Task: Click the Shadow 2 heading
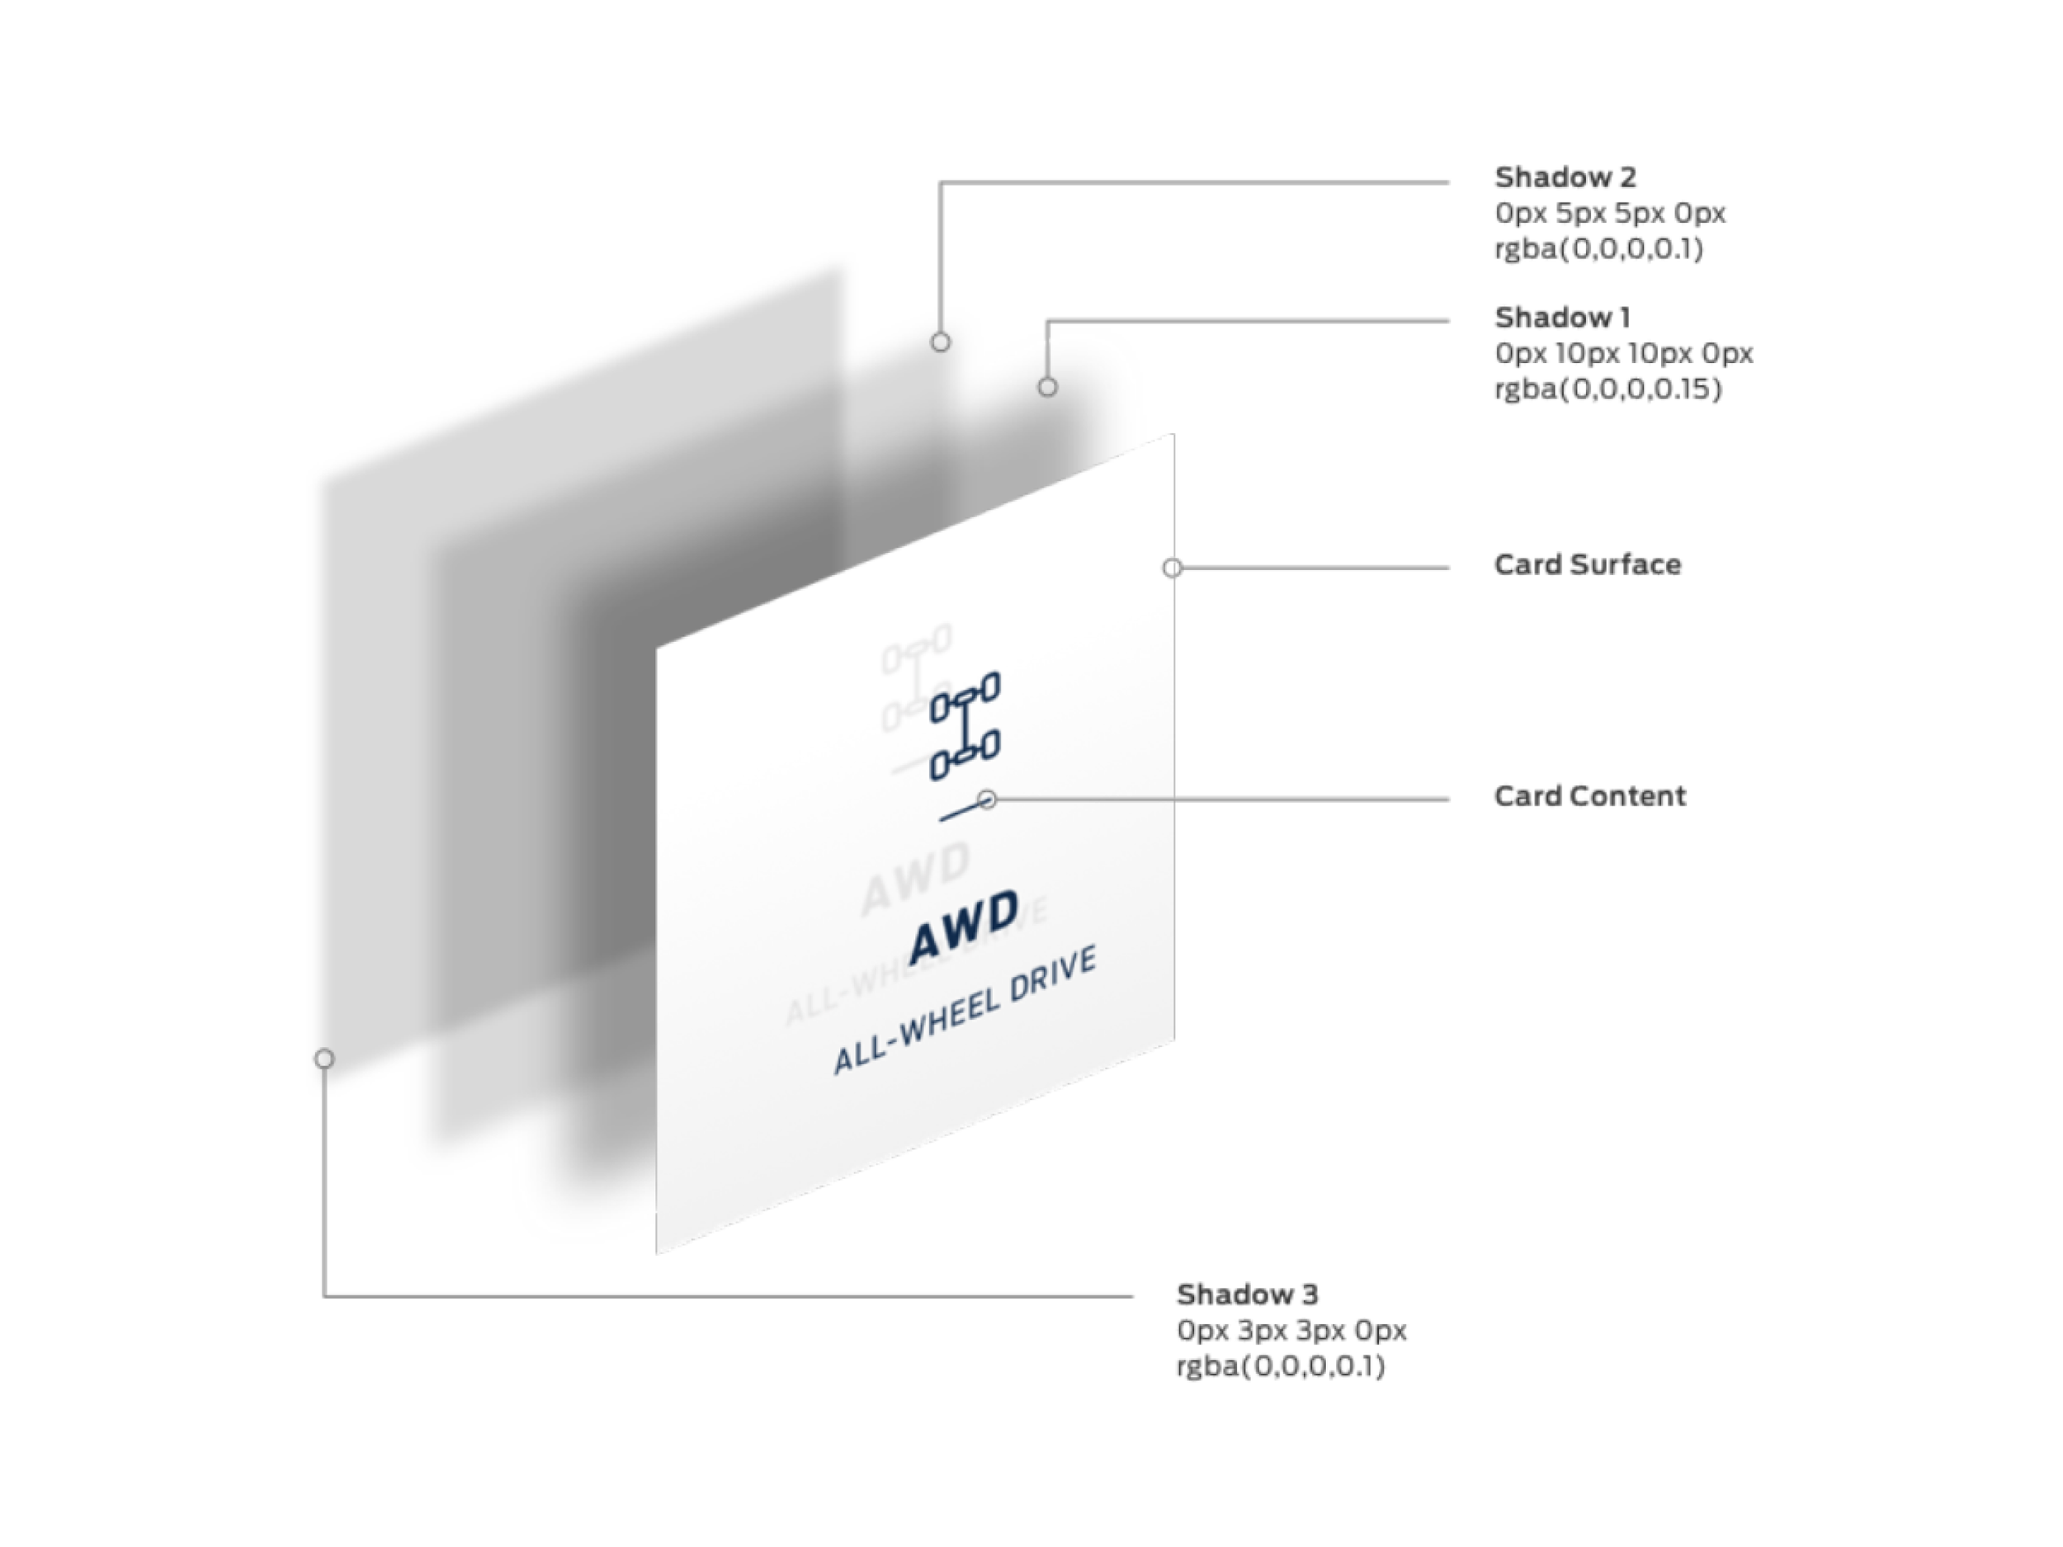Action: click(x=1565, y=177)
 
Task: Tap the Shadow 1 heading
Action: click(x=1562, y=317)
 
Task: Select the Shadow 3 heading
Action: click(x=1247, y=1295)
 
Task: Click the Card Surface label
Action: click(x=1588, y=564)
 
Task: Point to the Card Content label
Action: click(x=1589, y=795)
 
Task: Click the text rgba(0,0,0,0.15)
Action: click(x=1607, y=389)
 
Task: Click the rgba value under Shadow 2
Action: click(x=1598, y=249)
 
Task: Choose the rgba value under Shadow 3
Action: click(x=1281, y=1366)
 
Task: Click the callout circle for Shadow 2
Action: click(x=940, y=342)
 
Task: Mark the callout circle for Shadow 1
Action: click(x=1047, y=387)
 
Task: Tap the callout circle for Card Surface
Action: click(x=1173, y=568)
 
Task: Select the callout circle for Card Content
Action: click(x=988, y=800)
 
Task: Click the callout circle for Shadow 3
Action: click(x=323, y=1059)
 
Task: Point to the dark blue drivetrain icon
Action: click(x=965, y=726)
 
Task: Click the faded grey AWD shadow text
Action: click(x=914, y=879)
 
